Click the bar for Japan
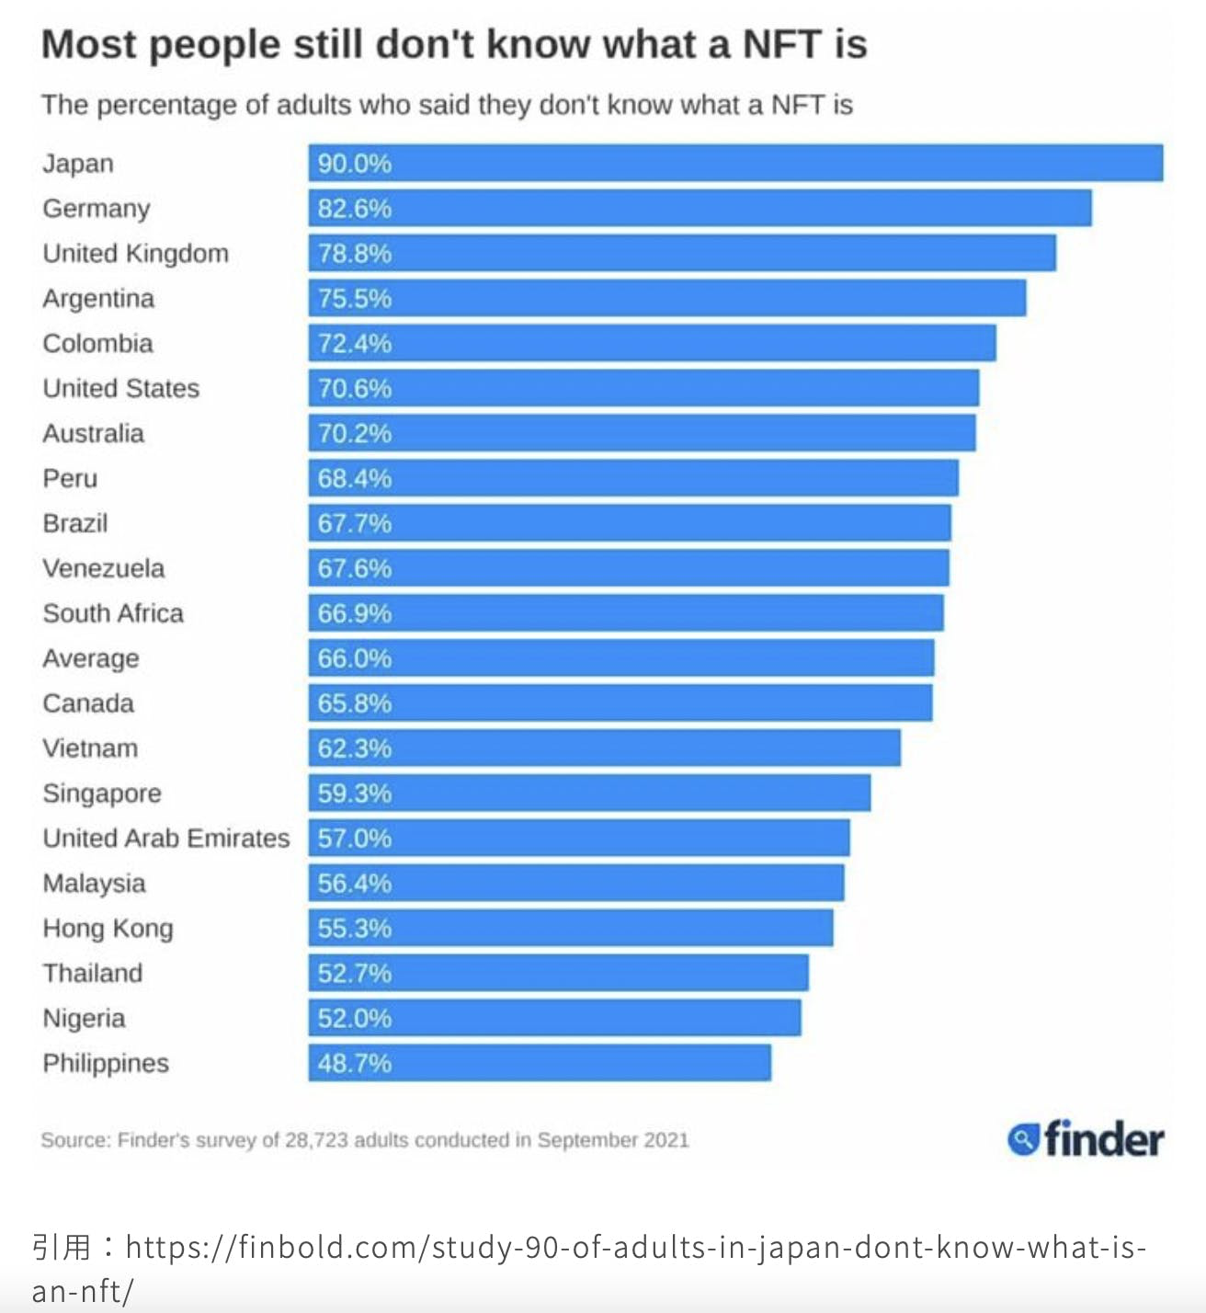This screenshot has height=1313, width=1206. pyautogui.click(x=735, y=163)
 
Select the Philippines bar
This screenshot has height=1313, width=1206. pyautogui.click(x=540, y=1063)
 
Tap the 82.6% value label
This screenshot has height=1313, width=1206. pyautogui.click(x=354, y=209)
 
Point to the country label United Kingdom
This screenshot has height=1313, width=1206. pyautogui.click(x=135, y=254)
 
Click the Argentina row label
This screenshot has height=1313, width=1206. pyautogui.click(x=98, y=299)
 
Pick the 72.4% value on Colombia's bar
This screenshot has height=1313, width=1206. pyautogui.click(x=354, y=344)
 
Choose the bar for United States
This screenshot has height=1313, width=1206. pyautogui.click(x=643, y=388)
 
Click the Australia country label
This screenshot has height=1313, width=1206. pyautogui.click(x=93, y=433)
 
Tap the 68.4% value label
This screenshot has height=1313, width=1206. pyautogui.click(x=354, y=478)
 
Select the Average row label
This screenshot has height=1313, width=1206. pyautogui.click(x=91, y=658)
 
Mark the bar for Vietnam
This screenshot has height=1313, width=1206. pyautogui.click(x=604, y=748)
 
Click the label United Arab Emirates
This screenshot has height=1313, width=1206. pyautogui.click(x=165, y=839)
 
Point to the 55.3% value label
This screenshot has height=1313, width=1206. pyautogui.click(x=354, y=929)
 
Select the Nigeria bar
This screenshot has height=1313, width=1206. pyautogui.click(x=554, y=1018)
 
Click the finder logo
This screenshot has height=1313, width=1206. pyautogui.click(x=1086, y=1139)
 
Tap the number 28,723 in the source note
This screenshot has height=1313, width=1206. pyautogui.click(x=316, y=1140)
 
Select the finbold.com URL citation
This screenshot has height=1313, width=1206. pyautogui.click(x=634, y=1248)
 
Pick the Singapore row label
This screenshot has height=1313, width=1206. pyautogui.click(x=102, y=794)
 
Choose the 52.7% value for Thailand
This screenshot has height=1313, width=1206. pyautogui.click(x=354, y=973)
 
